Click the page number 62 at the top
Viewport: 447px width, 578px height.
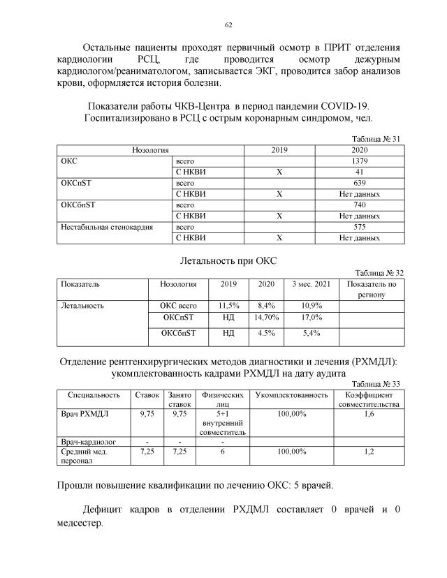pos(228,24)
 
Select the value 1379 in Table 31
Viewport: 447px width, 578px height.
pos(358,161)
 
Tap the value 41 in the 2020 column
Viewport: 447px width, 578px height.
pos(358,171)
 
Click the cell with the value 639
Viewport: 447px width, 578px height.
pos(358,182)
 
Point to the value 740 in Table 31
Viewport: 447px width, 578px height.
pos(358,205)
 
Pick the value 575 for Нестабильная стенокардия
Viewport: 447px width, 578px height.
pos(358,227)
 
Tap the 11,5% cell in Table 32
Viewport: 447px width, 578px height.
pos(229,306)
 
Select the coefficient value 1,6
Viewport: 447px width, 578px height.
pos(369,414)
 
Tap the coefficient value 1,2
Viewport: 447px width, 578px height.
pos(369,452)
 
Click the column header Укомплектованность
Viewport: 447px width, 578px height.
pos(292,395)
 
